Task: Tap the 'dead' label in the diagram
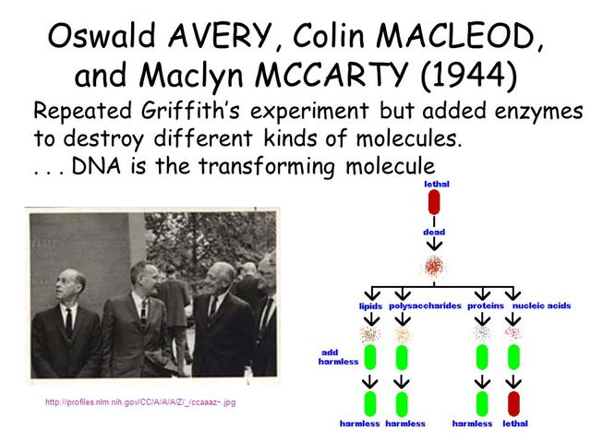tap(434, 232)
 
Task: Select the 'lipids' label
tap(370, 305)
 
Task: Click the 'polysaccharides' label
tap(425, 305)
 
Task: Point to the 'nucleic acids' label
tap(542, 305)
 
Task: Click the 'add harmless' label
tap(339, 356)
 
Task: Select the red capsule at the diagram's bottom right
tap(513, 402)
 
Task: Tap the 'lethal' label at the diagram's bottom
tap(514, 424)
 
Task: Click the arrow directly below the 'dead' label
tap(434, 246)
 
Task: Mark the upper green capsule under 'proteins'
tap(482, 356)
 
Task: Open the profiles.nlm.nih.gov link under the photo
tap(146, 402)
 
